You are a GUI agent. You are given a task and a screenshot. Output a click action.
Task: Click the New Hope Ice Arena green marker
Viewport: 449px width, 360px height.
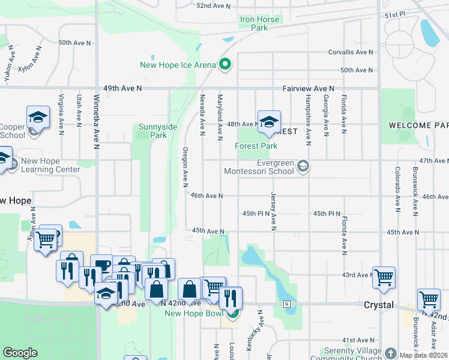pos(226,64)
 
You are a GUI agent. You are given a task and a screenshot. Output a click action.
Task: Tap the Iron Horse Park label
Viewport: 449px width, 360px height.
pos(260,23)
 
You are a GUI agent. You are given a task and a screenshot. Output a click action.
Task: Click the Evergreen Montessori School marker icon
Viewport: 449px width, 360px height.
pos(304,166)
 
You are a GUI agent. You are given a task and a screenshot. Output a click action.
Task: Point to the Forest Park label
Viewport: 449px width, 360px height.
pos(256,146)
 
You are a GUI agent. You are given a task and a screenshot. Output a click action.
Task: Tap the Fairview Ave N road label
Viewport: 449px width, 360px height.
pos(308,88)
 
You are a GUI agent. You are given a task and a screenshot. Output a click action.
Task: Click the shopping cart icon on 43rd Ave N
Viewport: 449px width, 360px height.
pos(384,277)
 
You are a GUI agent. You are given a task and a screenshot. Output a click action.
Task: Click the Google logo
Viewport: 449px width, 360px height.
pos(20,353)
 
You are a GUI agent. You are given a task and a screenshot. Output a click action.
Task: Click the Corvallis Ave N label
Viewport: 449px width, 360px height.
pos(351,52)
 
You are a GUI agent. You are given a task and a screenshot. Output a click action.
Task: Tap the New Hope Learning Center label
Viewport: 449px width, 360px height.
pos(50,165)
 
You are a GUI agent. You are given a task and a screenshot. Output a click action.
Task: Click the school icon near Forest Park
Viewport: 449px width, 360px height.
pos(269,122)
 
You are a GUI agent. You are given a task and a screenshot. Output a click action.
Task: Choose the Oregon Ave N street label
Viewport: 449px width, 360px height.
pos(185,166)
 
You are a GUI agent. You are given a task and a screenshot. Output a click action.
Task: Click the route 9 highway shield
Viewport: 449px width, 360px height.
pos(287,304)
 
